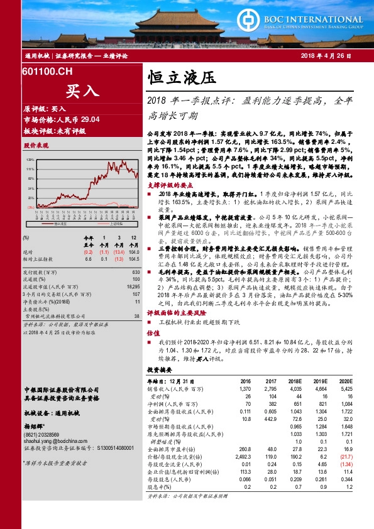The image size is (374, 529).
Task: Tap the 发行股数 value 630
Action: (136, 272)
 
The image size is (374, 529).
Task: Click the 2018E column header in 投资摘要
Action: (295, 381)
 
